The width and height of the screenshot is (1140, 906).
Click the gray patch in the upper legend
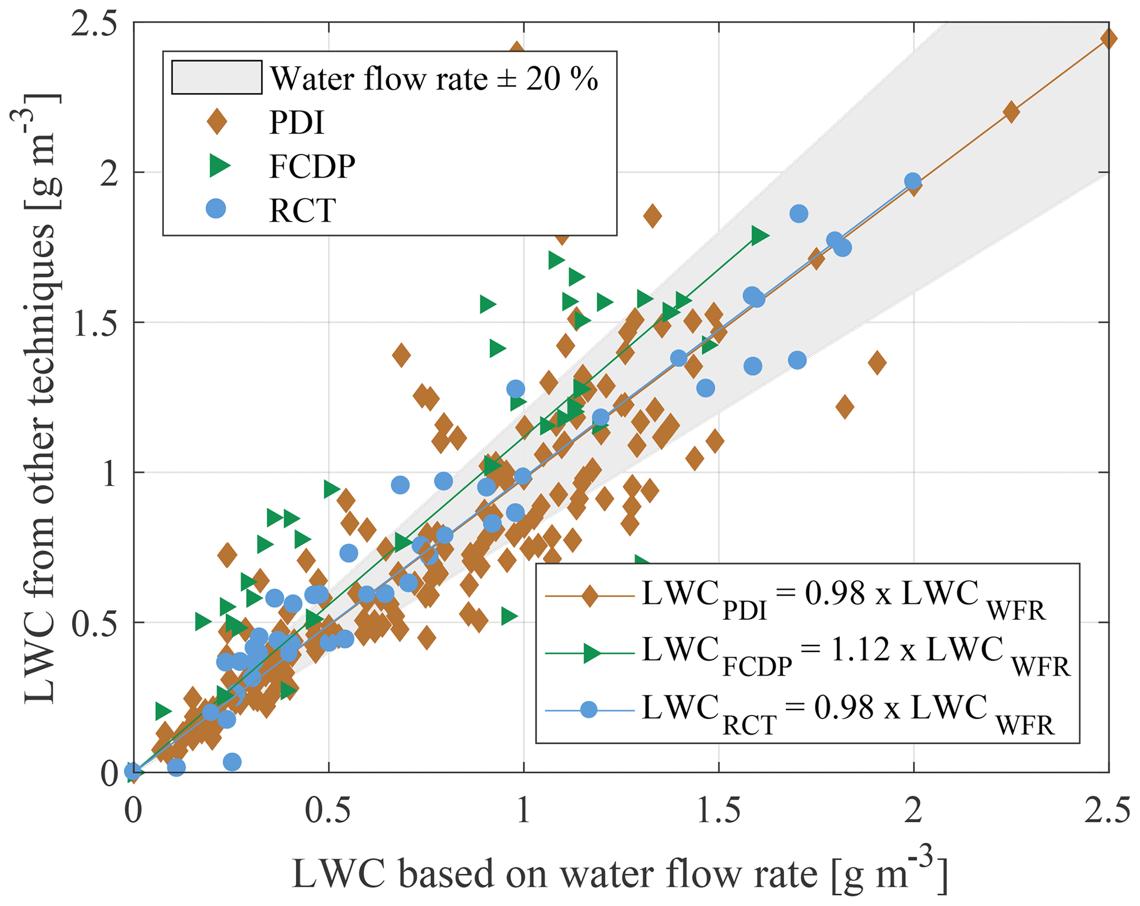(216, 77)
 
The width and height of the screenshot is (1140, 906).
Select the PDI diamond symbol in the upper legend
(217, 121)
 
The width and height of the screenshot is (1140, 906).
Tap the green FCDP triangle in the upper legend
(219, 165)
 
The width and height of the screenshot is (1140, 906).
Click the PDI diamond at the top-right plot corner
(1108, 39)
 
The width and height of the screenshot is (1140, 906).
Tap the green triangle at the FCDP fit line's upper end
(759, 235)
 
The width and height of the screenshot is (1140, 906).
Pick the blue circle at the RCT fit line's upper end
(913, 181)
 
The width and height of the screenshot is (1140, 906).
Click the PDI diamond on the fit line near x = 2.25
(1011, 112)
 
